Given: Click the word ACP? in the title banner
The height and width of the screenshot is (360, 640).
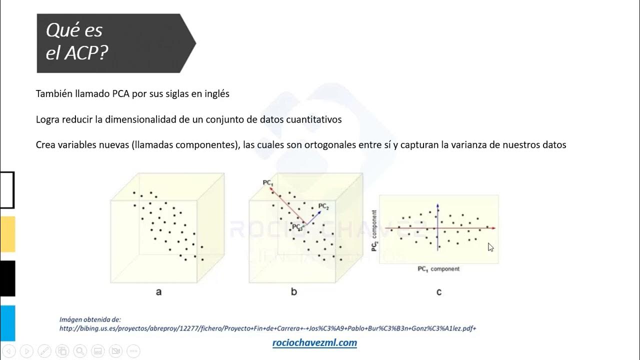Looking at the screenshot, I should coord(85,53).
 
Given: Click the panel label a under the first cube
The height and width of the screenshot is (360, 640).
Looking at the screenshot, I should coord(159,291).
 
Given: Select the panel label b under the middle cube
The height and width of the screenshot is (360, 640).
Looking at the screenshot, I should coord(294,291).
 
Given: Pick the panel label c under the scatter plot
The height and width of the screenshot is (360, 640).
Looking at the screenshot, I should coord(439,291).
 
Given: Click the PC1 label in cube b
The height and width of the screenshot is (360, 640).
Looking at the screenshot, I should coord(268,183).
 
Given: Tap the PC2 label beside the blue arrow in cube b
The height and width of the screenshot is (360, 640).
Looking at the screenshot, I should coord(323,206).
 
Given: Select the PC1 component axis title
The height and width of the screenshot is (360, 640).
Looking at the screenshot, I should coord(438,269).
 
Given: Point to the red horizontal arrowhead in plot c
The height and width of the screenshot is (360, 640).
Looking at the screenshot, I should coord(493,228).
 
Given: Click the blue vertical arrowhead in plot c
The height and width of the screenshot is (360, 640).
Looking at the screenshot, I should coord(437,205).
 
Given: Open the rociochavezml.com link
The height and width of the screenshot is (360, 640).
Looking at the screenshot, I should coord(314,342).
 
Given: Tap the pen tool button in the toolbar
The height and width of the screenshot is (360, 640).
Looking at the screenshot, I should coord(44,350).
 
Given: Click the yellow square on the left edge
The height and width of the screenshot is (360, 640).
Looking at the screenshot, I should coord(7,234).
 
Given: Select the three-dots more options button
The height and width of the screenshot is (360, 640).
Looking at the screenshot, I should coord(133,350).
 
